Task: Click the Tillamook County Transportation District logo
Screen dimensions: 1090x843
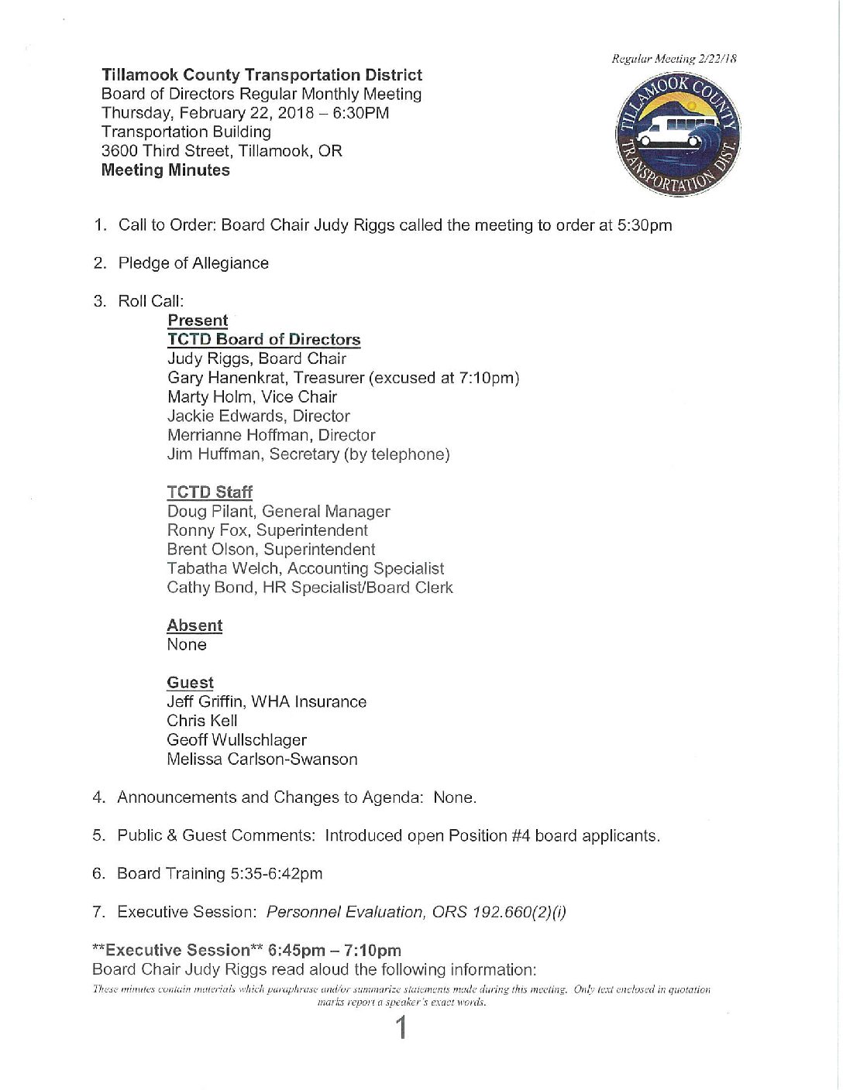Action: pos(677,135)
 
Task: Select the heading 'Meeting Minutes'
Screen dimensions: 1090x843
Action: pos(165,170)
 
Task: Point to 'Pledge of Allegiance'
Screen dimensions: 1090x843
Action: pos(193,263)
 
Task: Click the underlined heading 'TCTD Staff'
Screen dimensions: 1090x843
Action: pos(209,492)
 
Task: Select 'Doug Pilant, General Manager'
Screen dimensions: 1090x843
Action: pos(278,512)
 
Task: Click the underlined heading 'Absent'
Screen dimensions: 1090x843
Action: pos(194,626)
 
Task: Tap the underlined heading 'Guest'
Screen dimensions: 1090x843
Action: pos(190,683)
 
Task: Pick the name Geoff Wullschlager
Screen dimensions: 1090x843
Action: pos(236,740)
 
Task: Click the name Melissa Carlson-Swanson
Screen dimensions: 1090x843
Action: pos(262,759)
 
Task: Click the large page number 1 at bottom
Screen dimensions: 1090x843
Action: pos(401,1028)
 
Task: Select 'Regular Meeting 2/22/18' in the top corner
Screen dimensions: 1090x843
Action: pos(673,59)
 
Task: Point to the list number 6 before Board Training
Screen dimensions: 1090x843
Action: pos(98,874)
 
